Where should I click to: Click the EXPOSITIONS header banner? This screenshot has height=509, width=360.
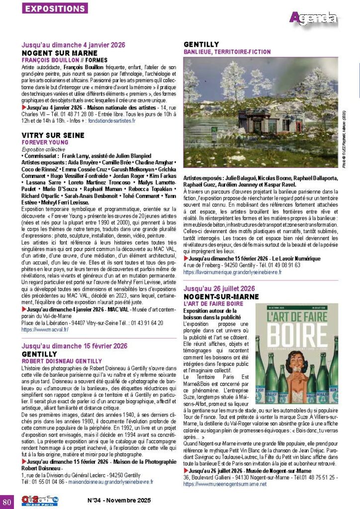55,8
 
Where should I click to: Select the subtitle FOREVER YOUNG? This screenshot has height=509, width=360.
45,142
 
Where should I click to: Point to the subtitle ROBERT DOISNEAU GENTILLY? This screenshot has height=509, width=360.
62,361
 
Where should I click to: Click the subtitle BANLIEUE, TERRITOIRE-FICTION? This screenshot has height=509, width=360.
227,52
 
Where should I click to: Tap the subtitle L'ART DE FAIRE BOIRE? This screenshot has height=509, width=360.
212,303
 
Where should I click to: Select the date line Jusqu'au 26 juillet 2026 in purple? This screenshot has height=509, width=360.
223,288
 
